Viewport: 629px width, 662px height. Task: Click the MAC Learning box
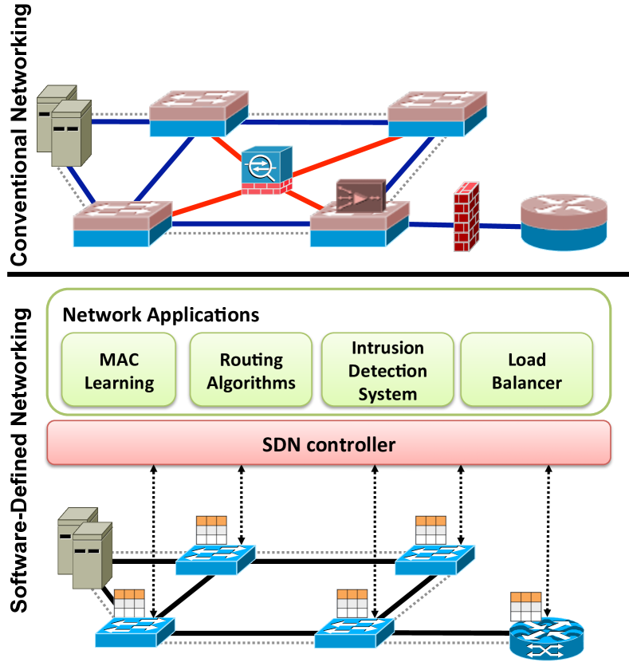click(x=119, y=371)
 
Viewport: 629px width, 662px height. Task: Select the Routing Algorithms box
click(x=251, y=371)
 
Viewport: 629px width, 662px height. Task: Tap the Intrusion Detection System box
click(x=387, y=371)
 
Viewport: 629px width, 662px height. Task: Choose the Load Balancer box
click(x=526, y=371)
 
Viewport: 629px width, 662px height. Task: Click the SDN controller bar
click(x=328, y=443)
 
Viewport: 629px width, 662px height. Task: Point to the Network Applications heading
click(x=161, y=314)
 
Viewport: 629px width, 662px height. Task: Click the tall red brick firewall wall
click(x=466, y=217)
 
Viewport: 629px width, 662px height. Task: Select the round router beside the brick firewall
click(x=564, y=221)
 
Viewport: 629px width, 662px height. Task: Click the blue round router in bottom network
click(x=545, y=639)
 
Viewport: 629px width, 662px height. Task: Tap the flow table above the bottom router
click(x=525, y=606)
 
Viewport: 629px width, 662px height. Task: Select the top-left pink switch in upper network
click(x=199, y=113)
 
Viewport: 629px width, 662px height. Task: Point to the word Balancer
click(x=526, y=383)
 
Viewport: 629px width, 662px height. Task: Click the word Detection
click(x=387, y=371)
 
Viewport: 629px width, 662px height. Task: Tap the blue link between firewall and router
click(x=499, y=226)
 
